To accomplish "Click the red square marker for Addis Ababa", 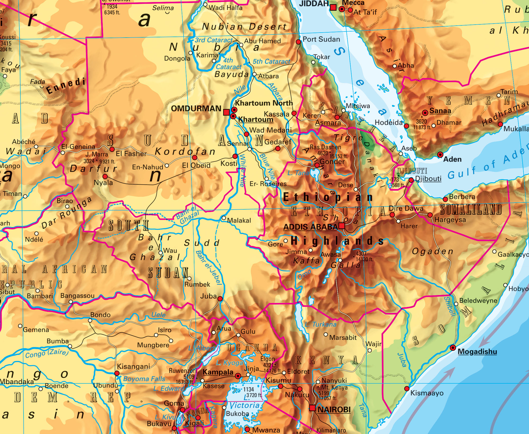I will [342, 226].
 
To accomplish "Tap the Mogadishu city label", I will [477, 351].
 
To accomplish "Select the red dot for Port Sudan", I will [298, 42].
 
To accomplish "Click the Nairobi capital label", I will [334, 409].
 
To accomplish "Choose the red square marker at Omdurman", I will [226, 112].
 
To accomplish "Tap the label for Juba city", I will [208, 296].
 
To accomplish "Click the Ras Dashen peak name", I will [325, 147].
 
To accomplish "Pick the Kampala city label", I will [218, 372].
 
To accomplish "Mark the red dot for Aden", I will [440, 155].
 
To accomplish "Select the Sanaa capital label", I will [440, 111].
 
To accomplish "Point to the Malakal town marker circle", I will [224, 218].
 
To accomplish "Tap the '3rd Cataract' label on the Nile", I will [213, 40].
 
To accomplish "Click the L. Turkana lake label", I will [321, 324].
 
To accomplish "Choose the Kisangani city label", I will [133, 367].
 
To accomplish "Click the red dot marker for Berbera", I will [445, 199].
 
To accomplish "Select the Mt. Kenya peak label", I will [334, 387].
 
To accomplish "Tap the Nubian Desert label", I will [244, 26].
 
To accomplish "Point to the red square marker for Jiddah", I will [334, 8].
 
